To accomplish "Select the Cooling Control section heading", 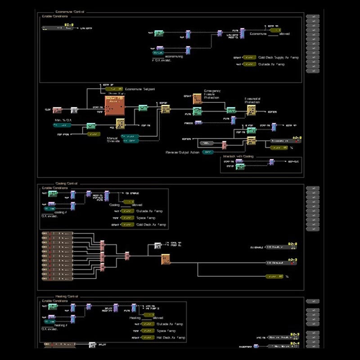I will coord(67,184).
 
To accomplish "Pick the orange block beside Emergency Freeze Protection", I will coord(197,99).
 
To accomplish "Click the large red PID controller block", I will coord(115,106).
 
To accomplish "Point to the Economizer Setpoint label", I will coord(139,89).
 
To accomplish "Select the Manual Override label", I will coord(113,139).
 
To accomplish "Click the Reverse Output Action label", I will coord(183,152).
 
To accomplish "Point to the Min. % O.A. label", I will coord(64,120).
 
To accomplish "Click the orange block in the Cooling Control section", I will coord(166,259).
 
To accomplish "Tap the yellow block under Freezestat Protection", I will coord(251,110).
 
